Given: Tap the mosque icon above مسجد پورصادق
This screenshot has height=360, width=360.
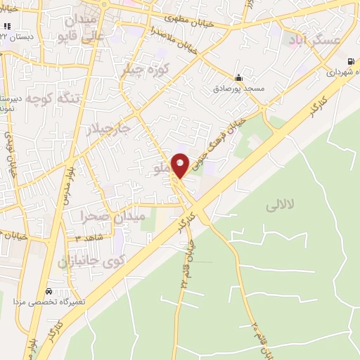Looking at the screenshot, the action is (238, 77).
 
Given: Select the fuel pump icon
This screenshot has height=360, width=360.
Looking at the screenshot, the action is (350, 60).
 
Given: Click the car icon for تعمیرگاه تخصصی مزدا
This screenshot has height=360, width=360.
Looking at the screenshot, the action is (48, 291).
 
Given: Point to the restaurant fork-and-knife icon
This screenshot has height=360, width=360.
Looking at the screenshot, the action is (8, 26).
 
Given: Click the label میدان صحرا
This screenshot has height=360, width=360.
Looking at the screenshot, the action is (112, 216).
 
